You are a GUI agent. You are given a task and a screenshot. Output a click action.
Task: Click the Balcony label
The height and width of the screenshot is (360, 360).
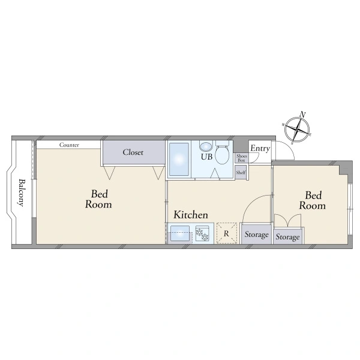coord(21,193)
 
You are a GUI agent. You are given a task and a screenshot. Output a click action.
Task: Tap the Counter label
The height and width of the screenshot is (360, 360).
coord(69,145)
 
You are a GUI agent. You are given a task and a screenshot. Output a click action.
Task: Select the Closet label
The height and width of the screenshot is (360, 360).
coord(133,152)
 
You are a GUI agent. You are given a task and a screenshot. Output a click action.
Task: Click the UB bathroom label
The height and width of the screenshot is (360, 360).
coord(206,157)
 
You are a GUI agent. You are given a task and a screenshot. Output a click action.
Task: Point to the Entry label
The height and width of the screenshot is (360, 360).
coord(260,149)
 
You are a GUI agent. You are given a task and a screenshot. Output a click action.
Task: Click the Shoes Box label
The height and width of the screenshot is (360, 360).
coord(242,158)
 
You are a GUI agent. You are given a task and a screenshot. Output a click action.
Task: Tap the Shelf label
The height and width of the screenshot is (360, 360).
coord(241,172)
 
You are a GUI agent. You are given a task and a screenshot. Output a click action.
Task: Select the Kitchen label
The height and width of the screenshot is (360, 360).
coord(191,215)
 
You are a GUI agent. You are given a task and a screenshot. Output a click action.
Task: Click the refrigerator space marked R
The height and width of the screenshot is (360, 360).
coord(227,233)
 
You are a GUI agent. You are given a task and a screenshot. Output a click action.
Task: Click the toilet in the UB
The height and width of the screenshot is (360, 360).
coord(222,152)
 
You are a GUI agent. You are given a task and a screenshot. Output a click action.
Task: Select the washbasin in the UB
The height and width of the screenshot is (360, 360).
coord(206,146)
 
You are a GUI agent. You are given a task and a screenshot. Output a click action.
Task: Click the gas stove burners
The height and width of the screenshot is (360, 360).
coord(202,234)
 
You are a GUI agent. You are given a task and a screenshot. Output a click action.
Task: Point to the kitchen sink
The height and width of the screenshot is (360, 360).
coord(180,233)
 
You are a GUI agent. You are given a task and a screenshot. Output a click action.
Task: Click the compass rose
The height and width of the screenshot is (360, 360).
coord(297,130)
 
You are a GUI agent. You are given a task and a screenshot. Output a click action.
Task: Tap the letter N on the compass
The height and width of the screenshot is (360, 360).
coord(303,115)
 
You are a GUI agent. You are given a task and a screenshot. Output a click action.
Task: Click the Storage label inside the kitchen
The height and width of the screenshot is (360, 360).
coord(256,235)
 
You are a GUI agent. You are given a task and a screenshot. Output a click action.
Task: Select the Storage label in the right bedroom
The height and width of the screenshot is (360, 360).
coord(287,237)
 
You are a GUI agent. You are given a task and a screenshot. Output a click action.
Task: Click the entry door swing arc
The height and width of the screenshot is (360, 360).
coord(289,146)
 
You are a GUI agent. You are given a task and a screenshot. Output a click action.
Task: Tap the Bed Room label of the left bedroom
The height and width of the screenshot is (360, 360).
coord(99,199)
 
